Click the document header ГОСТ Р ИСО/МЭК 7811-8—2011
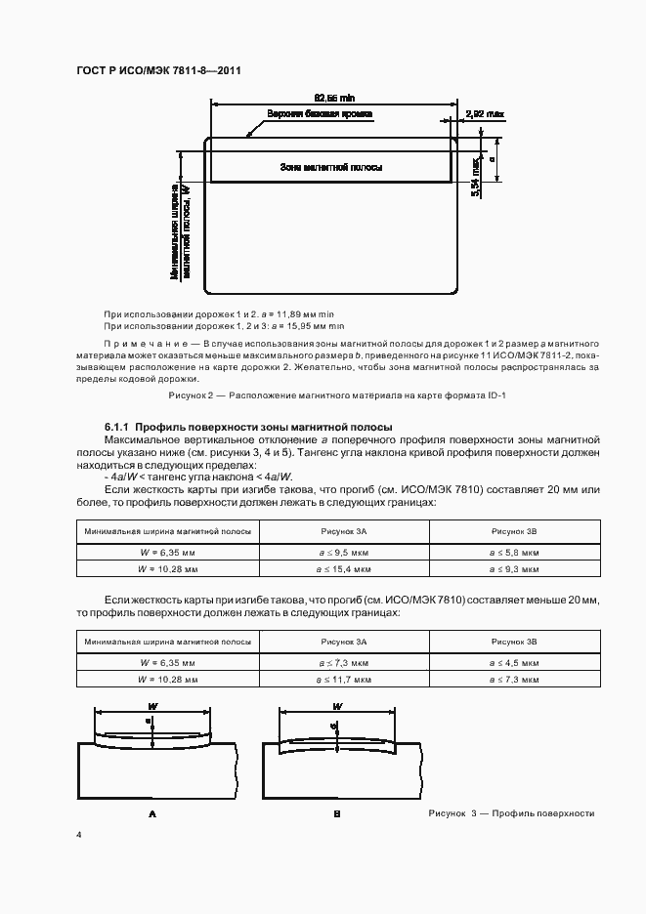(x=159, y=72)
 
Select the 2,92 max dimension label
(x=485, y=114)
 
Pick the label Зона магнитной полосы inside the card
(x=330, y=168)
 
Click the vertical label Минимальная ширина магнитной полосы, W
(x=180, y=230)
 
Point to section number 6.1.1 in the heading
(x=117, y=428)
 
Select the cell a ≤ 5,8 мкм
(x=514, y=550)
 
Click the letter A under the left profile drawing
(x=151, y=812)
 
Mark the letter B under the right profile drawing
(x=336, y=812)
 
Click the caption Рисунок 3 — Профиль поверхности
(x=511, y=813)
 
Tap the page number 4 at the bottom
(x=79, y=836)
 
